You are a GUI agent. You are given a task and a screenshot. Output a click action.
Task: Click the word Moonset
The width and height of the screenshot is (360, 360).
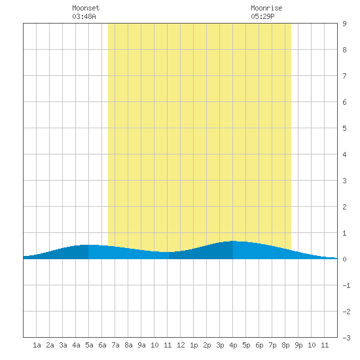click(86, 8)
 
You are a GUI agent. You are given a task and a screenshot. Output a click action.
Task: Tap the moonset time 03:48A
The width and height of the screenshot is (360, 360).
click(84, 16)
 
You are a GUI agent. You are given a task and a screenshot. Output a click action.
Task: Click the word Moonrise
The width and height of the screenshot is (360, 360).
click(266, 8)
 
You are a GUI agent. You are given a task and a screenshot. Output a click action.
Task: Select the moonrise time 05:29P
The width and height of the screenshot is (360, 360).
click(262, 16)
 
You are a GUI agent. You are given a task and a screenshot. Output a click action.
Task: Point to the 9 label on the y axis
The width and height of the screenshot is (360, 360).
click(344, 24)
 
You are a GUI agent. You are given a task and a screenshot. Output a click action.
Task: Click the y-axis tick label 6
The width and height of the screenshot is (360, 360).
click(344, 102)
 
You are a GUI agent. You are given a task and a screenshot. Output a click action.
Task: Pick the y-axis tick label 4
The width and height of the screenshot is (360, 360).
click(344, 154)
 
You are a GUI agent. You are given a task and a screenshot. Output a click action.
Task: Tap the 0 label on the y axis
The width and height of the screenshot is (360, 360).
click(344, 259)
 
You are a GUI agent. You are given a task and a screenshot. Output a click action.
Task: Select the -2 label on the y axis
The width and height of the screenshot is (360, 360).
click(346, 312)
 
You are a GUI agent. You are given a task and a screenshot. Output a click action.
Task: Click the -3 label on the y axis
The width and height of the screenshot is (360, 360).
click(346, 338)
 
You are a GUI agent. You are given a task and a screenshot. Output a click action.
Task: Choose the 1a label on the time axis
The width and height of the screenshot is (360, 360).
click(37, 345)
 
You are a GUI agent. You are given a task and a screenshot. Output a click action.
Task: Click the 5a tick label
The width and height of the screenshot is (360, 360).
click(89, 345)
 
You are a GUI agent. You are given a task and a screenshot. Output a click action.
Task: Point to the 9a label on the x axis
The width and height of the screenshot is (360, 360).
click(141, 345)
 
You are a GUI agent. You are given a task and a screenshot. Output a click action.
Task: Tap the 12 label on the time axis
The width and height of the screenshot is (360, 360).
click(181, 345)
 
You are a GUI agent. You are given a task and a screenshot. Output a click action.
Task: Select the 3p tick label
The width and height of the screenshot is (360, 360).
click(220, 345)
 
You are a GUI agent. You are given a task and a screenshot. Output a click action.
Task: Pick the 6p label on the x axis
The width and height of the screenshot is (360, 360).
click(259, 345)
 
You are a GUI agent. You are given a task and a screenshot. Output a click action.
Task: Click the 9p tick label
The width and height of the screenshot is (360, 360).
click(298, 345)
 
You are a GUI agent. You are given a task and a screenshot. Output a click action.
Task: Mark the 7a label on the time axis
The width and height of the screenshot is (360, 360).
click(115, 345)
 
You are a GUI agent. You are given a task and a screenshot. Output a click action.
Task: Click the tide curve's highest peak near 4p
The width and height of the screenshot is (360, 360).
click(233, 241)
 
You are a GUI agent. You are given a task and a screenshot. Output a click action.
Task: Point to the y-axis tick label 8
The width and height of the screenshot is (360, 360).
click(344, 50)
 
